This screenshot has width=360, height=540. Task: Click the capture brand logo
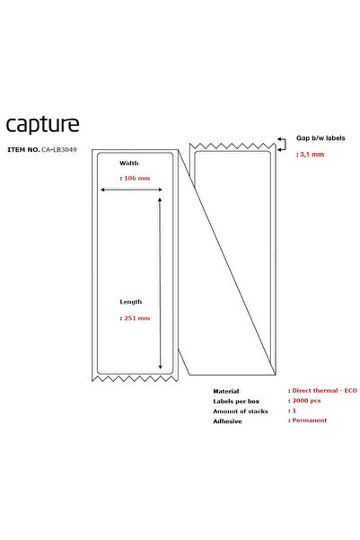pyautogui.click(x=43, y=125)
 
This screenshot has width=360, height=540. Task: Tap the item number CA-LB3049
pyautogui.click(x=59, y=150)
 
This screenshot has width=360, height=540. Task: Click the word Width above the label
pyautogui.click(x=129, y=164)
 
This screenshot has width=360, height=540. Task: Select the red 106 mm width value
pyautogui.click(x=137, y=178)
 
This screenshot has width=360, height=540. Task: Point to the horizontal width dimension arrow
pyautogui.click(x=131, y=190)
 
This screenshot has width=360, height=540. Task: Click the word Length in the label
pyautogui.click(x=131, y=302)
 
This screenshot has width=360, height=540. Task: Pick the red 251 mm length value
pyautogui.click(x=137, y=318)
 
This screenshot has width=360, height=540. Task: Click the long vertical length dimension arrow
pyautogui.click(x=160, y=283)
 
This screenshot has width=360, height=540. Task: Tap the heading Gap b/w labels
pyautogui.click(x=320, y=138)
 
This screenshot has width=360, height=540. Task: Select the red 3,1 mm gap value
pyautogui.click(x=312, y=155)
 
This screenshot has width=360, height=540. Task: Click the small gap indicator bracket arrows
pyautogui.click(x=282, y=144)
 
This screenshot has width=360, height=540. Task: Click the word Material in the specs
pyautogui.click(x=226, y=391)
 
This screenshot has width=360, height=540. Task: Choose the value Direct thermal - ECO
pyautogui.click(x=325, y=391)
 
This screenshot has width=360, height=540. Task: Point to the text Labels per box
pyautogui.click(x=236, y=402)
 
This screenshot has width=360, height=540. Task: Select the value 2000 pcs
pyautogui.click(x=306, y=401)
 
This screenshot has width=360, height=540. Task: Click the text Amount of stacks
pyautogui.click(x=241, y=412)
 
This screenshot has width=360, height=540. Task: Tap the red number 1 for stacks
pyautogui.click(x=294, y=411)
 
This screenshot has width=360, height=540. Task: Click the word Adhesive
pyautogui.click(x=227, y=421)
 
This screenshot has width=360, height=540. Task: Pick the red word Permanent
pyautogui.click(x=310, y=420)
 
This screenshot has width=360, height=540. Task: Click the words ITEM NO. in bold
pyautogui.click(x=23, y=150)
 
